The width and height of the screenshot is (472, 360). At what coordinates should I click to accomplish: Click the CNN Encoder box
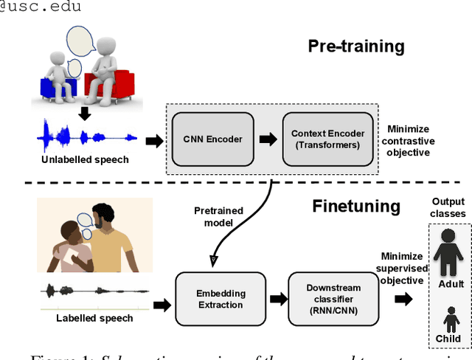point(213,139)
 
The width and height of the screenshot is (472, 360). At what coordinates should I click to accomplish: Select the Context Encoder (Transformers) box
point(327,139)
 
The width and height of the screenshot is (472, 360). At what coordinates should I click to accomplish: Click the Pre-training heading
point(355,46)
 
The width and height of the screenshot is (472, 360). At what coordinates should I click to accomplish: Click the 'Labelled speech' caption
point(95,318)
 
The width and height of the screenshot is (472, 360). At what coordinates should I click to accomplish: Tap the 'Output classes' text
point(448,207)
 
